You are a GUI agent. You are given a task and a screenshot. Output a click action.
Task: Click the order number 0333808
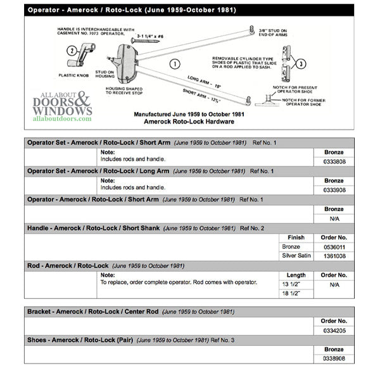click(334, 161)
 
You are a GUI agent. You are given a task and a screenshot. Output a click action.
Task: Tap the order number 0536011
click(334, 246)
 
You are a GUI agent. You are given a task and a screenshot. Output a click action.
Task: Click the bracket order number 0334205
click(334, 330)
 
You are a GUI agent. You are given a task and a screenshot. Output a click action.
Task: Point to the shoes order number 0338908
click(334, 358)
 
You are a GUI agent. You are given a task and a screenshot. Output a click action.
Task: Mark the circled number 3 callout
click(301, 64)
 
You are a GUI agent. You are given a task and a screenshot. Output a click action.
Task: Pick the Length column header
click(296, 275)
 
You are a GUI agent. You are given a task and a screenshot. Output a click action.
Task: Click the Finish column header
click(296, 237)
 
